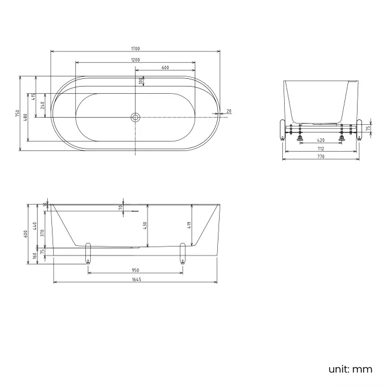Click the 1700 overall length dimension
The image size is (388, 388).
[x=136, y=48]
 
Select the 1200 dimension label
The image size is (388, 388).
[x=136, y=60]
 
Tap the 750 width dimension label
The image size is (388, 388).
[x=17, y=113]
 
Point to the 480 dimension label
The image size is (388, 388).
[x=25, y=117]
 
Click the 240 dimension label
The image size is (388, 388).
[x=42, y=106]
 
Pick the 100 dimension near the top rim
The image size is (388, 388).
[x=141, y=81]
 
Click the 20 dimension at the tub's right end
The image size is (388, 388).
[x=229, y=111]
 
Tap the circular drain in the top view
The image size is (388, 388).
[x=136, y=117]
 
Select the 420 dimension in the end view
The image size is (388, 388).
[x=321, y=140]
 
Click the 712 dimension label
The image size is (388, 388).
[x=321, y=149]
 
